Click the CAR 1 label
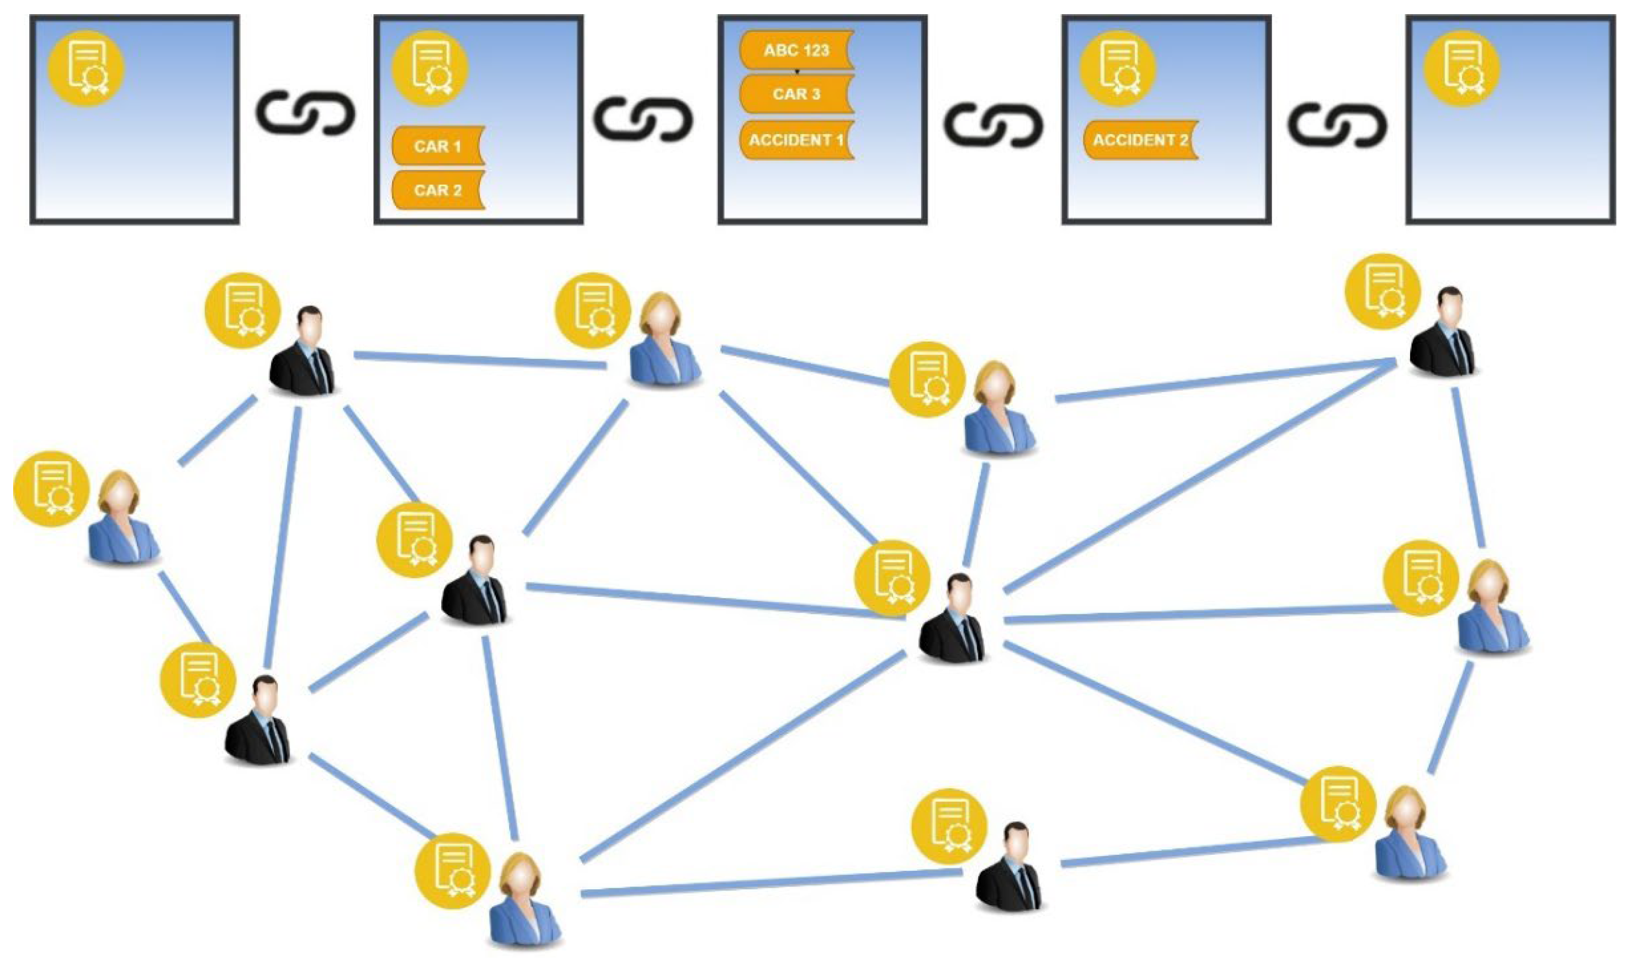coord(437,146)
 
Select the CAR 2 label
coord(437,190)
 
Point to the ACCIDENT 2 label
coord(1140,140)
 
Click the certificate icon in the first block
coord(87,67)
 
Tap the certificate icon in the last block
coord(1463,67)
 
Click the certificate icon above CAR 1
coord(431,67)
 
